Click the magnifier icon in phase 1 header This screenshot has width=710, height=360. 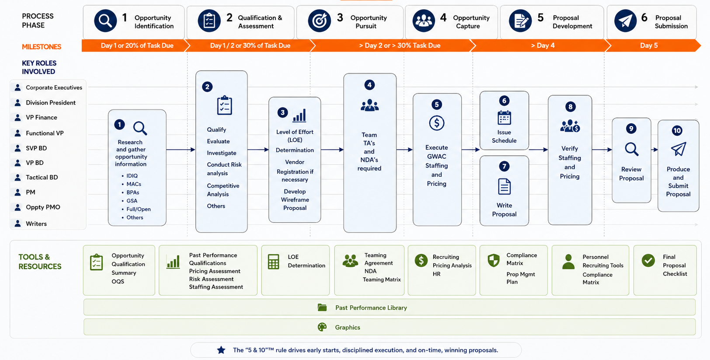point(105,21)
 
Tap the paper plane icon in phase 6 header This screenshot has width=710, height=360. point(625,21)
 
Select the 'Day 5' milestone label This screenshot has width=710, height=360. point(648,45)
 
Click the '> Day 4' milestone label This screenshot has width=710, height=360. point(543,45)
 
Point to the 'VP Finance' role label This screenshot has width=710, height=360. point(42,117)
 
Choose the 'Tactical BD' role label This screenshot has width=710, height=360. point(42,177)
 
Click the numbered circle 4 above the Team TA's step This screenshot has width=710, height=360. point(369,85)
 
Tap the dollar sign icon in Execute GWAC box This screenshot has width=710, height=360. point(436,123)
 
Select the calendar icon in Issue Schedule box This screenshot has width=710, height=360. point(504,118)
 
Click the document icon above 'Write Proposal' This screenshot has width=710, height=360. point(504,186)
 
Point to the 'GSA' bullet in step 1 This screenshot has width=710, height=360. point(132,201)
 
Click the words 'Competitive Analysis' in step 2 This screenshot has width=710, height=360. point(223,190)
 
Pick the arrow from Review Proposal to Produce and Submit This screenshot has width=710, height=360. point(654,150)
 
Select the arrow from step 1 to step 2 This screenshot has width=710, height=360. point(181,150)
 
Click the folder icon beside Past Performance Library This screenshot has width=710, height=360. point(322,308)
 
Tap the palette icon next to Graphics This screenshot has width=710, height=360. point(322,327)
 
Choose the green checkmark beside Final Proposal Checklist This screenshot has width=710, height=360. point(648,261)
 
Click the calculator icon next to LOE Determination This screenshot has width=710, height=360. point(273,262)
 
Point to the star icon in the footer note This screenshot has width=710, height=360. point(221,350)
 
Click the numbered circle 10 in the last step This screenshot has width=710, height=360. point(677,130)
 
